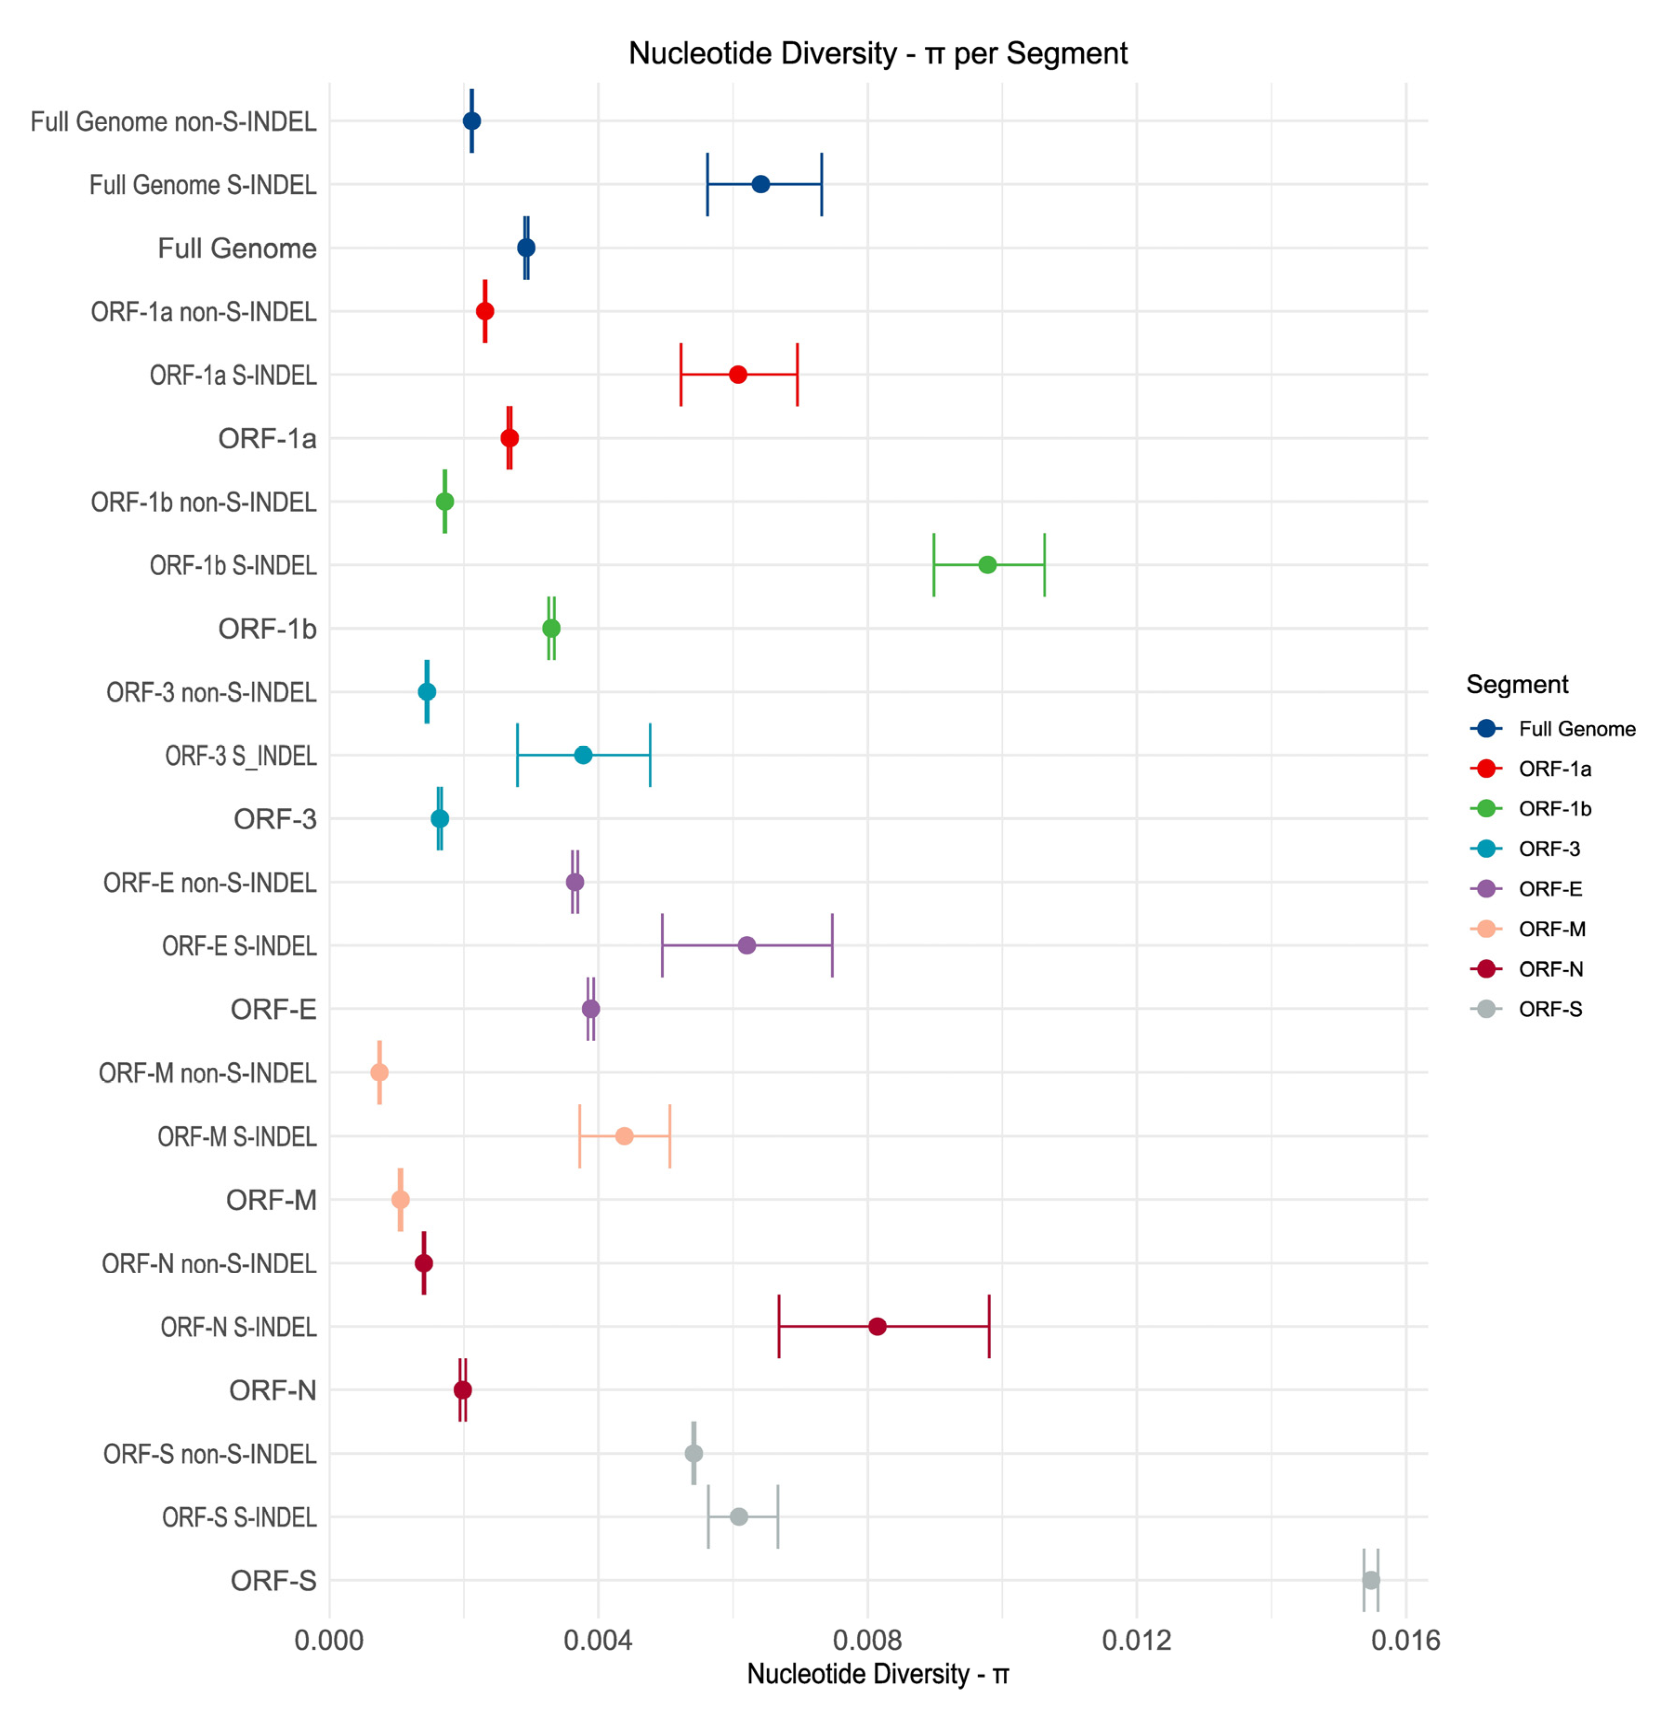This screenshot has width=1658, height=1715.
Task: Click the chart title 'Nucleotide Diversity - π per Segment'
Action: pyautogui.click(x=877, y=53)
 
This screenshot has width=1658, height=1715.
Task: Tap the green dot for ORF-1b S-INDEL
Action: pyautogui.click(x=987, y=565)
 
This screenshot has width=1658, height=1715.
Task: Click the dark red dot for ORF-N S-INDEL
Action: pyautogui.click(x=877, y=1327)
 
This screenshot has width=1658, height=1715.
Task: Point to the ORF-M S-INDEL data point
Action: pyautogui.click(x=624, y=1136)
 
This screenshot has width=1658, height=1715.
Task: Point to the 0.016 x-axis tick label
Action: pyautogui.click(x=1405, y=1640)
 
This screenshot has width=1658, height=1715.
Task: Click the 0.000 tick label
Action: pyautogui.click(x=329, y=1640)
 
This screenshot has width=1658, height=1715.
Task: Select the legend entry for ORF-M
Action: pyautogui.click(x=1551, y=929)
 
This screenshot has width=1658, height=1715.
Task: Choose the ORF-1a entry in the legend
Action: pyautogui.click(x=1554, y=769)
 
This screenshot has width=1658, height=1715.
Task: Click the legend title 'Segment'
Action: pyautogui.click(x=1516, y=684)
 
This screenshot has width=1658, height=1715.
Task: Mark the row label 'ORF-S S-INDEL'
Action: pyautogui.click(x=239, y=1517)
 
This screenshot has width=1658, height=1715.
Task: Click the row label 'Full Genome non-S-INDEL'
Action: pyautogui.click(x=173, y=122)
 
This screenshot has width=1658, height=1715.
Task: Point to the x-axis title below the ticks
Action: pyautogui.click(x=877, y=1674)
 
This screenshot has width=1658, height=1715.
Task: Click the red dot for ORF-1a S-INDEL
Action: pyautogui.click(x=737, y=375)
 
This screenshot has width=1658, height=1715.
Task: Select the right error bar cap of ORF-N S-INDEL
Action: pyautogui.click(x=989, y=1327)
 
